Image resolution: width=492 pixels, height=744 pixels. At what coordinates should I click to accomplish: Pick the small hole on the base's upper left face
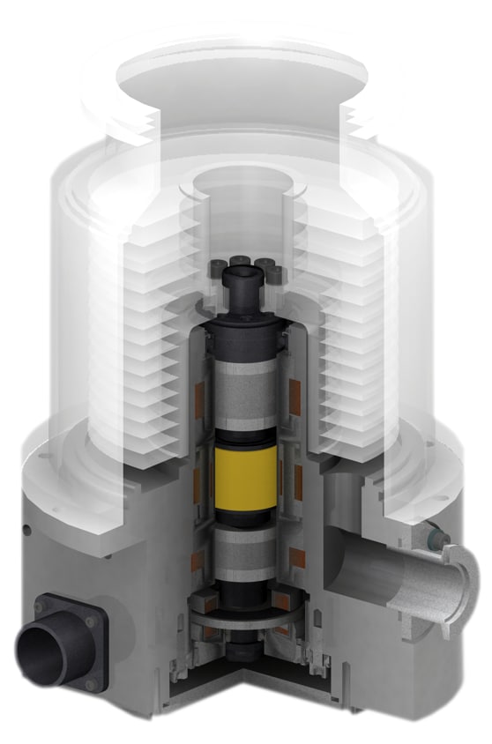pyautogui.click(x=27, y=529)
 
